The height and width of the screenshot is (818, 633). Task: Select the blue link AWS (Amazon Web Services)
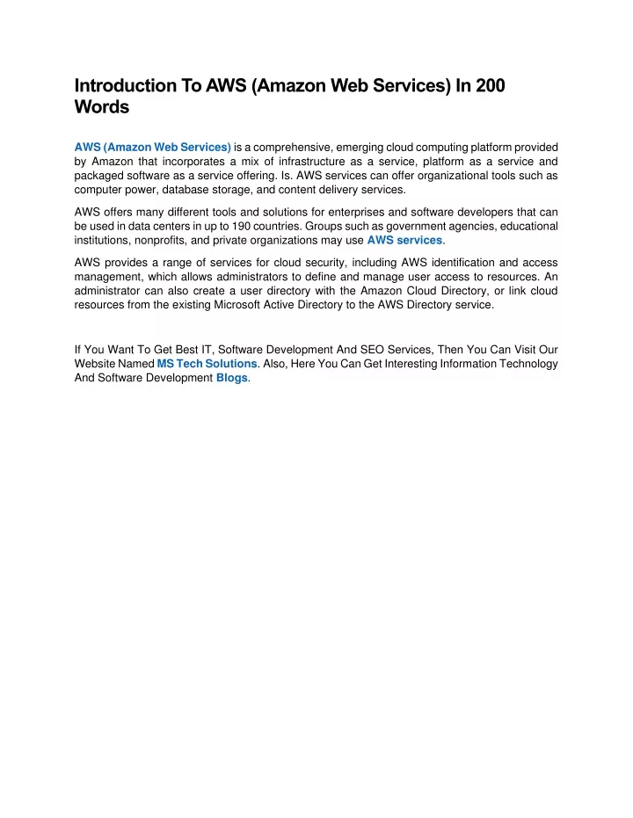click(153, 147)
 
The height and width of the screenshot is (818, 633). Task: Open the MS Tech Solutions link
click(207, 364)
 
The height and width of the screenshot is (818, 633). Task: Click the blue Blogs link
click(232, 379)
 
